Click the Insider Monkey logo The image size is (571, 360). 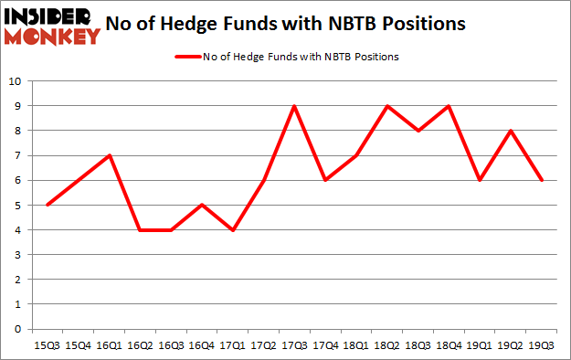(x=51, y=26)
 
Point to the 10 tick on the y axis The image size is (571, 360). (x=16, y=81)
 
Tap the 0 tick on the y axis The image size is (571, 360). (x=18, y=329)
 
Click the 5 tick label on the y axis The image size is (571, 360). (x=18, y=205)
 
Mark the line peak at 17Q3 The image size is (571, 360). (x=293, y=106)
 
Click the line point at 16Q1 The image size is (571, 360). (x=109, y=155)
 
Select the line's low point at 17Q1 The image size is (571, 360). (x=232, y=229)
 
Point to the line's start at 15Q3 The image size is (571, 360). (x=48, y=205)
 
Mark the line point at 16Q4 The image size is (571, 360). (x=201, y=205)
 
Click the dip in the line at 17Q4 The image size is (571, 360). (x=324, y=180)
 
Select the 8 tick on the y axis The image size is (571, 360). (x=18, y=131)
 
